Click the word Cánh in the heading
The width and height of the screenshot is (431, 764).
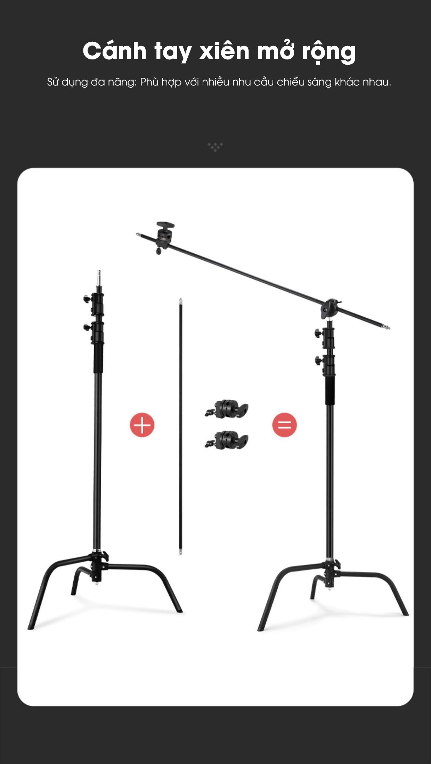coord(114,51)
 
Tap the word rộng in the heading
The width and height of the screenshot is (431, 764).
coord(329,52)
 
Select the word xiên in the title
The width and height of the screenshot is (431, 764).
coord(224,51)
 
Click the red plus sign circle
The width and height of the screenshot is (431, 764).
coord(142,425)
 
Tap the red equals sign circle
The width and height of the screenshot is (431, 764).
coord(285,425)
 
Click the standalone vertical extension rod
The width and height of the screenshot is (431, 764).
coord(180,426)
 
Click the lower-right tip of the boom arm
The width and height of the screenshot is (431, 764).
coord(389,328)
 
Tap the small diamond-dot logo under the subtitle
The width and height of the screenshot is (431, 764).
coord(215,147)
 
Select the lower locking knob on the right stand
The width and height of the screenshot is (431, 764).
coord(318,360)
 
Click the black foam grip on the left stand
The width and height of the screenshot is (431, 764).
coord(98,358)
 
